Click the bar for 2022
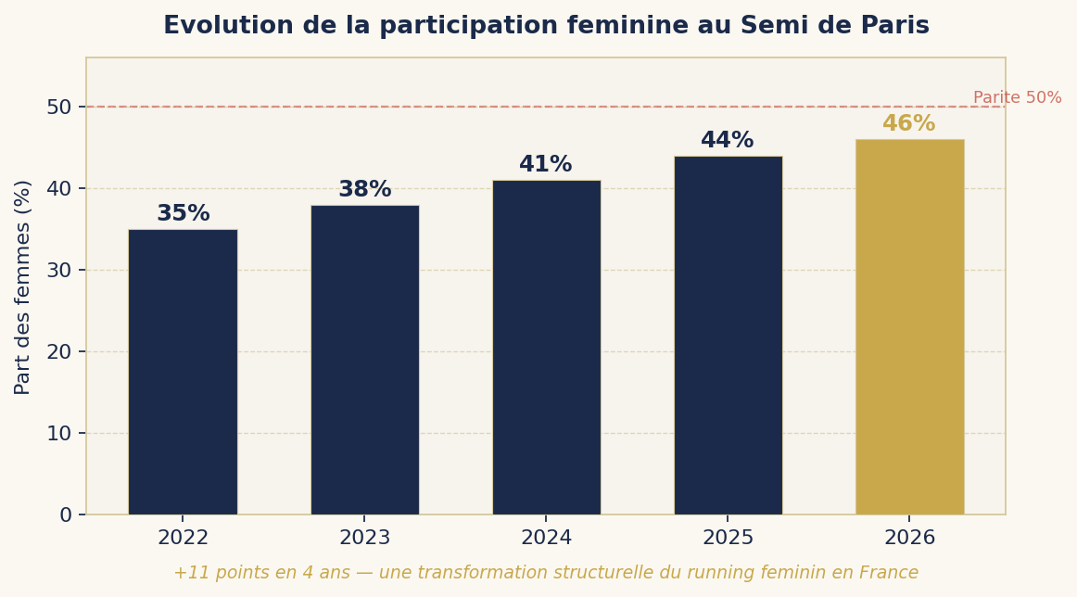(x=183, y=372)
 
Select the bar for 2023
(x=364, y=360)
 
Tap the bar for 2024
(x=546, y=348)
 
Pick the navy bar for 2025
(x=728, y=336)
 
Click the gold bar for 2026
(x=909, y=327)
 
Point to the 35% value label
(x=183, y=214)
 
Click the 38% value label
(x=364, y=190)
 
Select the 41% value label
(x=546, y=165)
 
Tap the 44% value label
(x=728, y=141)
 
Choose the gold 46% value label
(x=909, y=124)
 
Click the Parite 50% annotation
(x=1017, y=98)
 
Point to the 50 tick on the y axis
(x=59, y=108)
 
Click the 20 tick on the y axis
(x=59, y=352)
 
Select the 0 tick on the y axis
(x=66, y=515)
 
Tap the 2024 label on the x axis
(x=546, y=539)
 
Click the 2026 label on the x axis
(x=909, y=539)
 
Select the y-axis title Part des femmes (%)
(x=23, y=287)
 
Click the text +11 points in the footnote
(x=213, y=574)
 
